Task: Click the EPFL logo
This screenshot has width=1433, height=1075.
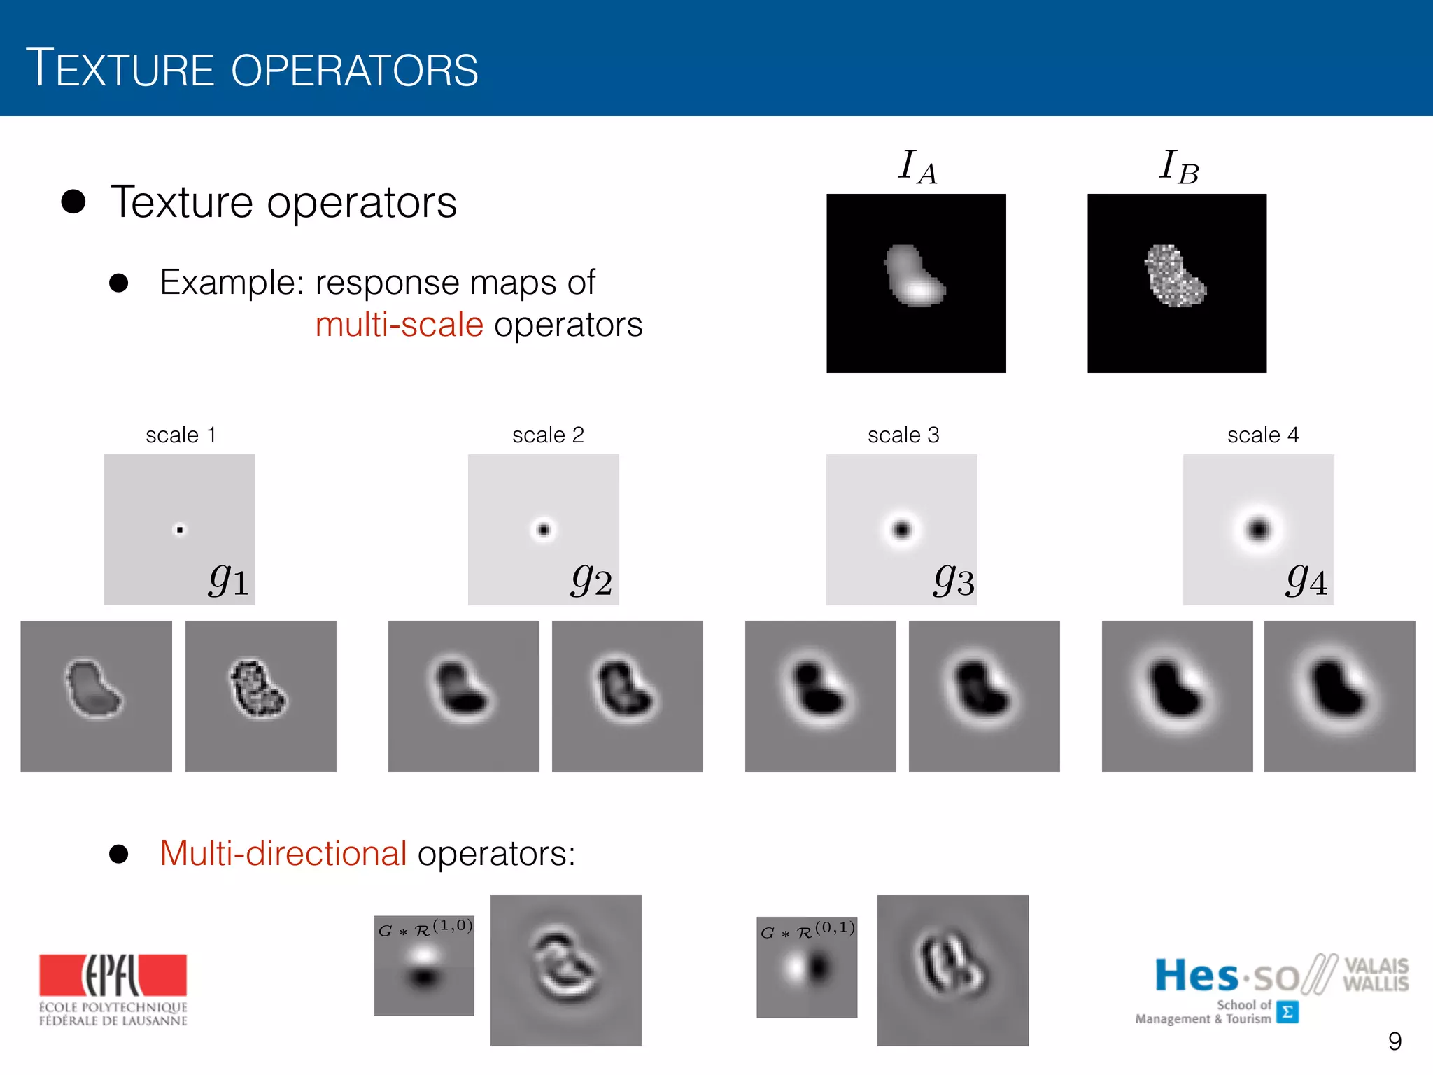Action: click(x=113, y=988)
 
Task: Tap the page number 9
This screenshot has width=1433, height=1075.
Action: click(x=1395, y=1041)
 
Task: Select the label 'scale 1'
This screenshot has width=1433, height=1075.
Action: click(x=181, y=435)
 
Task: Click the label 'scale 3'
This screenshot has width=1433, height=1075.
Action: click(x=903, y=435)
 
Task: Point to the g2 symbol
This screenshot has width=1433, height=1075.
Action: click(x=592, y=580)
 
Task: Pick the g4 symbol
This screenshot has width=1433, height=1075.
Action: click(x=1306, y=580)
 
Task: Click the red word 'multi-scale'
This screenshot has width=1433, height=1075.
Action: click(x=399, y=325)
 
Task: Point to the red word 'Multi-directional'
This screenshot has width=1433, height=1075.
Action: click(x=283, y=853)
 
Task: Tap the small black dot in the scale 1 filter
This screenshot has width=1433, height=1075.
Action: click(x=180, y=530)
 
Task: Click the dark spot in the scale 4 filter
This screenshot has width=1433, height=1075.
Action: click(x=1259, y=529)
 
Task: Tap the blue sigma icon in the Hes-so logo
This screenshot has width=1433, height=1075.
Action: click(x=1287, y=1012)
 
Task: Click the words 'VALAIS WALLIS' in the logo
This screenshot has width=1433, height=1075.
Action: click(x=1376, y=974)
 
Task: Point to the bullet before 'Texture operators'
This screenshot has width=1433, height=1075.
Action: click(x=73, y=202)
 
